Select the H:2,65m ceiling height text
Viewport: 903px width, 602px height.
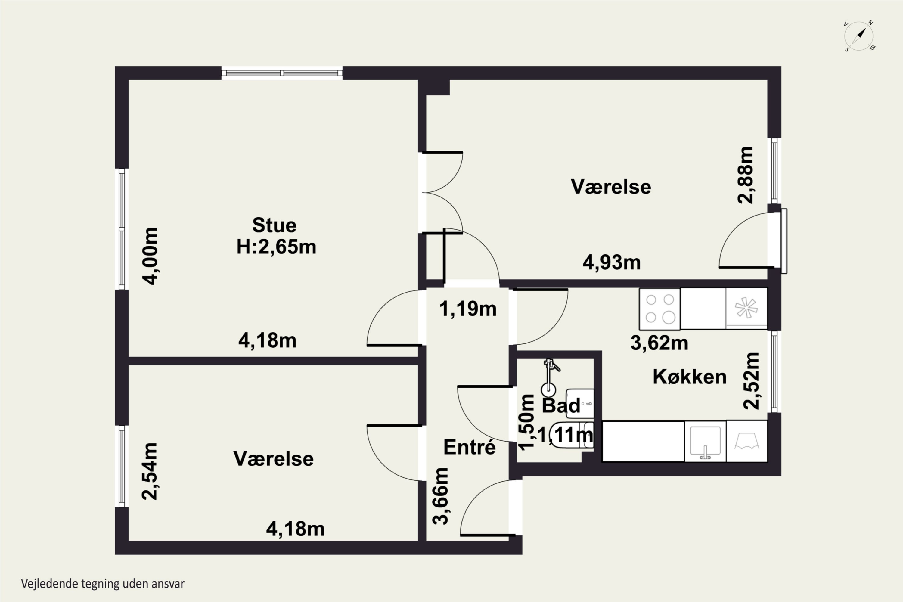point(276,247)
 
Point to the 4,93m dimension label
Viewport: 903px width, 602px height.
point(612,262)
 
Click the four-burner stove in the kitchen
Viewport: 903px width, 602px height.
point(659,309)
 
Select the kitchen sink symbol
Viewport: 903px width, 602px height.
point(705,442)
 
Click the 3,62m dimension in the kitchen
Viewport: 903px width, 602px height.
point(659,343)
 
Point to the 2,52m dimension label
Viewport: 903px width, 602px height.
point(751,380)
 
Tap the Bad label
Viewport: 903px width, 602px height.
point(561,405)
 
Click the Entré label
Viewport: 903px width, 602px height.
point(469,447)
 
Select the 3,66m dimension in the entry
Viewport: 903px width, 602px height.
point(440,496)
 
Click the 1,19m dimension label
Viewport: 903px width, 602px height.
point(468,309)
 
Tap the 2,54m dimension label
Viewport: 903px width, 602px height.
point(150,471)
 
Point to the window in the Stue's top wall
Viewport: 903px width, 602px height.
point(282,73)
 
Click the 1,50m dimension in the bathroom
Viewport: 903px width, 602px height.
point(526,422)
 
